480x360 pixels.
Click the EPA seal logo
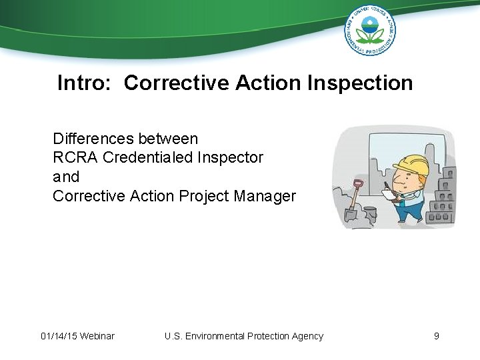pos(369,30)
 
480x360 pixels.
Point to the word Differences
pos(93,139)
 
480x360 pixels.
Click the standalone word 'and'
pos(66,177)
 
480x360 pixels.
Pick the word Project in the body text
pos(204,196)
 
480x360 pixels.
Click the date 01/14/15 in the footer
pos(59,336)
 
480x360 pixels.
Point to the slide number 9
pos(437,336)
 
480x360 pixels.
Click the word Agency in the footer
pos(307,336)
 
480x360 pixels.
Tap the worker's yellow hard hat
pos(411,163)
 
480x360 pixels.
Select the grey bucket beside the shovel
pos(370,214)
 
